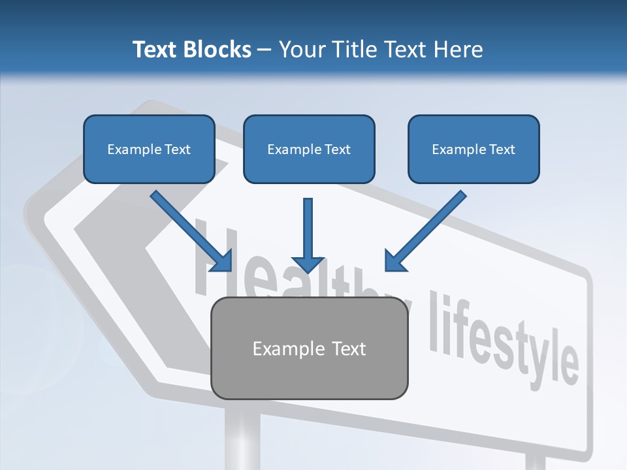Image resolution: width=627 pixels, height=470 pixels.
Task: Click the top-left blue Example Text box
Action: (149, 149)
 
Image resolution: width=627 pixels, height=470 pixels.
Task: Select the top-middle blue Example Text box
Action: (309, 149)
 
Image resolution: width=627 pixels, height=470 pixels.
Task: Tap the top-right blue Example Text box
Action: (474, 149)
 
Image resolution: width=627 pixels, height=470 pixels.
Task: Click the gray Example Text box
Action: (310, 348)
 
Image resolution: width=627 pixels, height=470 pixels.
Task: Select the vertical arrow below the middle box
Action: (308, 235)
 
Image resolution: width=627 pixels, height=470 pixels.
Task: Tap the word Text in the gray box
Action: (349, 349)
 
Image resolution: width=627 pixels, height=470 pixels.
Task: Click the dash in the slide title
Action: (265, 50)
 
